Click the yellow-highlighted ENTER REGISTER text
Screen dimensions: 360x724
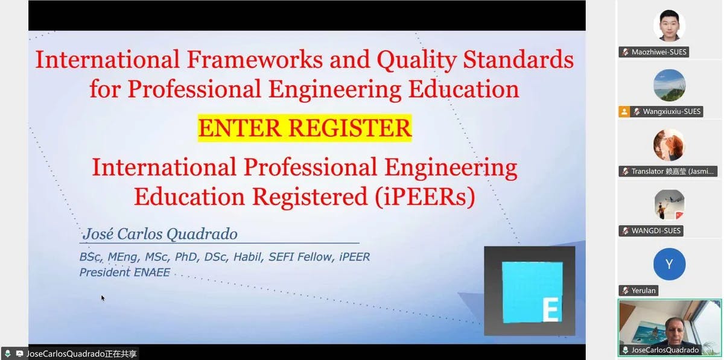point(305,128)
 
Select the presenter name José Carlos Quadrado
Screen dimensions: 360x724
point(159,234)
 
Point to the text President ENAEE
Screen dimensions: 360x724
point(125,273)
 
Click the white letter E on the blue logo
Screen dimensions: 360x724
point(550,309)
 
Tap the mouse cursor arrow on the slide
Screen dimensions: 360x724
point(103,297)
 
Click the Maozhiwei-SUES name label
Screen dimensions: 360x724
point(659,52)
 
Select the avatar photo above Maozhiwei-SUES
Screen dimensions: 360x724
point(669,25)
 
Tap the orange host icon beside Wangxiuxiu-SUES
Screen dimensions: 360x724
point(624,112)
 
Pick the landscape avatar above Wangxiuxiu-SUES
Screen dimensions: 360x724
point(669,85)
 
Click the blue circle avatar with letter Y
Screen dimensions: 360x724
point(669,264)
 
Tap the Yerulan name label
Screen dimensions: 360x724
point(643,291)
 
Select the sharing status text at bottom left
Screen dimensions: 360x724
point(76,354)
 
